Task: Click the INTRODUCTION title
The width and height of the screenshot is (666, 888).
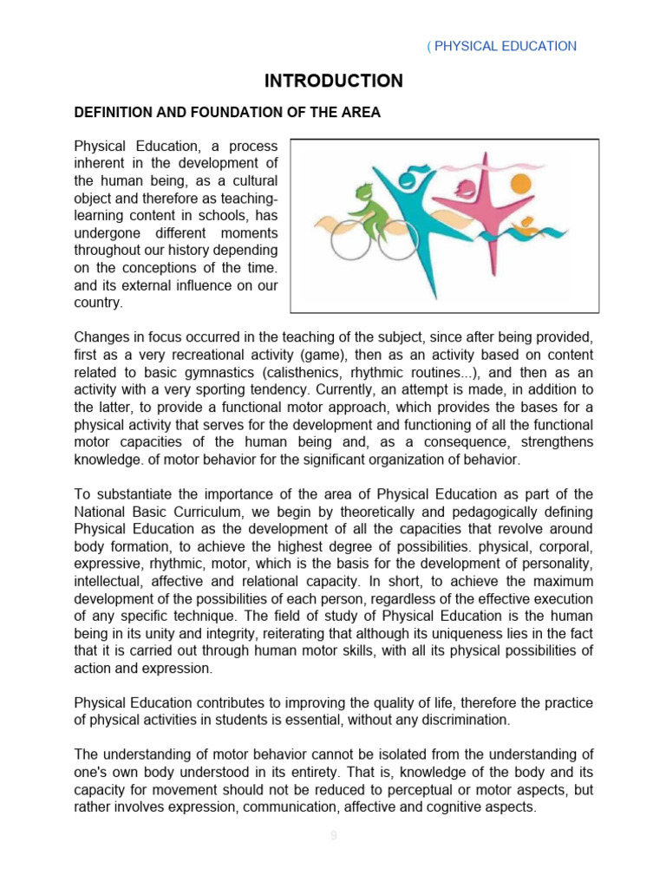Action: point(333,81)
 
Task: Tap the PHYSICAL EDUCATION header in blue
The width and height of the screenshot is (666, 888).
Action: point(504,46)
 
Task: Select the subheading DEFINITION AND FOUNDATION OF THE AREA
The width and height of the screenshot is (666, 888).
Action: point(227,113)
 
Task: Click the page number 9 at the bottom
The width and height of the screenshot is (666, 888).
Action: point(333,836)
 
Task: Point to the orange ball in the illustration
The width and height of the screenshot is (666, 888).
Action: point(520,184)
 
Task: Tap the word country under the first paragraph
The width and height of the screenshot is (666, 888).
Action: point(97,304)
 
